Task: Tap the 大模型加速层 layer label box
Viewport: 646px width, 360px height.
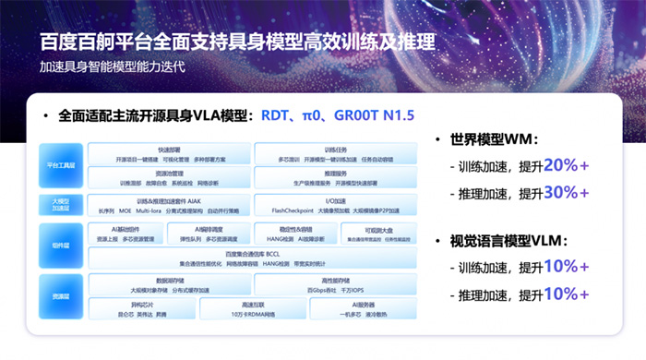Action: click(61, 204)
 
